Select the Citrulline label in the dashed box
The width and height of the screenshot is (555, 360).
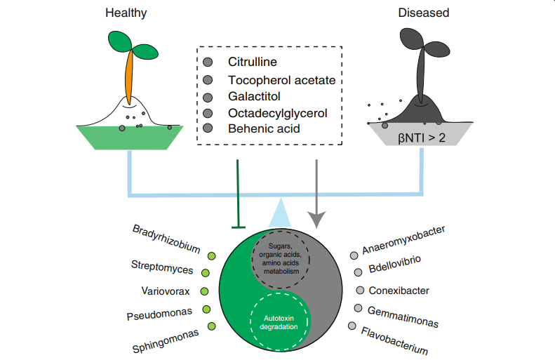pos(253,62)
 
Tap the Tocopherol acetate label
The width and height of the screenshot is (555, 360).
pos(281,80)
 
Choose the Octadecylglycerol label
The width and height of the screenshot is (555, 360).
pos(278,112)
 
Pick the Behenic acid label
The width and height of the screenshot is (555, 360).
pos(264,128)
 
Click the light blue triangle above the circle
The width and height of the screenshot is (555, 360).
pos(280,212)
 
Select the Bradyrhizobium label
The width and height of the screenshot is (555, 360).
pos(166,239)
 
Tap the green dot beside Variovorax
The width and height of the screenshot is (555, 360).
pos(204,291)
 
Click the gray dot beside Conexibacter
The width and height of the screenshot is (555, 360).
pos(360,290)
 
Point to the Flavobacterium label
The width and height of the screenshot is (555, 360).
pos(394,340)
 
